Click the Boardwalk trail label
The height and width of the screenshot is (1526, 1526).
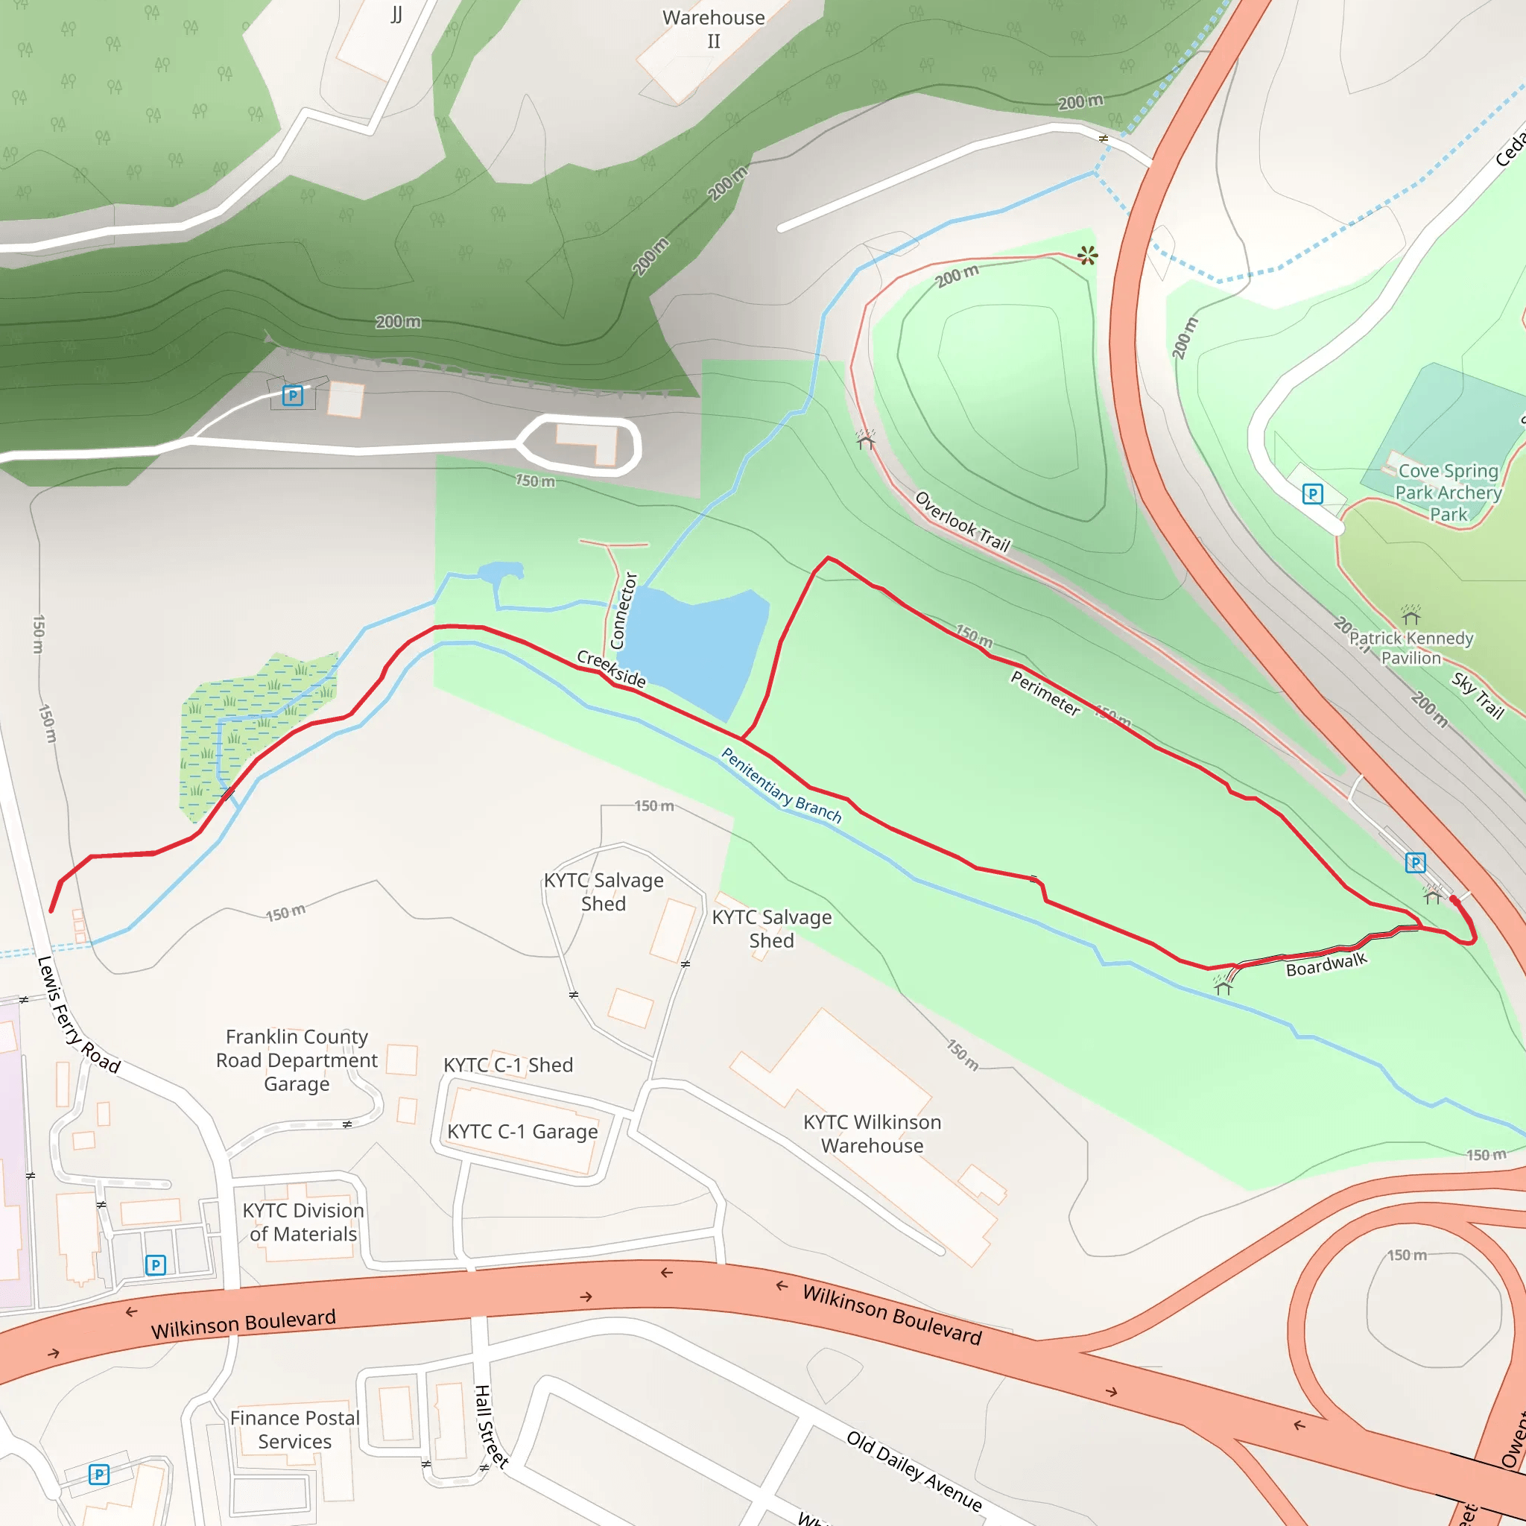1326,964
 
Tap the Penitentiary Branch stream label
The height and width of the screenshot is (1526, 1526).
780,786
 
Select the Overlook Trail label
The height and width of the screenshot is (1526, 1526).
962,522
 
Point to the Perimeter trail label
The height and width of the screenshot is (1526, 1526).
1045,693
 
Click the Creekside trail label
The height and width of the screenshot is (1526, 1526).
611,668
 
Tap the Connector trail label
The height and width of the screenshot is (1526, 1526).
624,610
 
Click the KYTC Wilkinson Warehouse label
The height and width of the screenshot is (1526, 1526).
872,1133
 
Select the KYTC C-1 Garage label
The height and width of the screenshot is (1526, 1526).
522,1131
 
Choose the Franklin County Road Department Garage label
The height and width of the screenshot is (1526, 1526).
297,1060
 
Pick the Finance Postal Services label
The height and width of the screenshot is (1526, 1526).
294,1430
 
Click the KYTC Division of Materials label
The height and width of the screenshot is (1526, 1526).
303,1222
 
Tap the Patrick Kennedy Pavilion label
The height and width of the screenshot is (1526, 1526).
1411,648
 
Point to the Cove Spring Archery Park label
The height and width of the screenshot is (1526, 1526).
1448,492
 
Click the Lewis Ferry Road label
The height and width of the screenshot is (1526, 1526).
77,1015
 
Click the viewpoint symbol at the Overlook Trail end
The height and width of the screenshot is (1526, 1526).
1088,255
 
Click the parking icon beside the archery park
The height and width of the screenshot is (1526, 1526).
1312,495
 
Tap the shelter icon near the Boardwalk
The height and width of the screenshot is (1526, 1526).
1223,987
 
